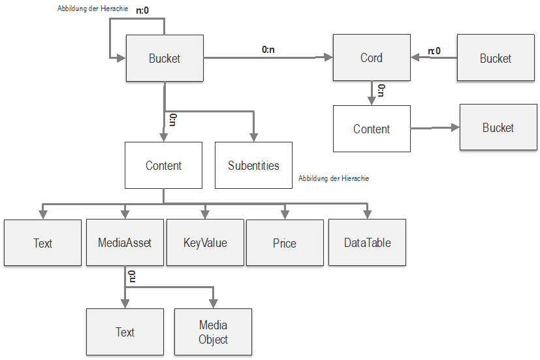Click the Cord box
[372, 57]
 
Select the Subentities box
[253, 166]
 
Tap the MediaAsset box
[125, 242]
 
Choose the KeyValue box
[205, 242]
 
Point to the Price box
[285, 243]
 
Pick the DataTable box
[367, 242]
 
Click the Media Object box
[213, 332]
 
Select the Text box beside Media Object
[125, 332]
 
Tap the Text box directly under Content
[42, 243]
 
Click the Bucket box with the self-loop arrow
[165, 58]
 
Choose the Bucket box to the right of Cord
[496, 58]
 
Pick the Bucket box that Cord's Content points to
[498, 127]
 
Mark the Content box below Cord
[372, 129]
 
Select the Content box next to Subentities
[163, 166]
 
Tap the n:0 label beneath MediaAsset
[133, 276]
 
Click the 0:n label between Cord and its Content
[381, 90]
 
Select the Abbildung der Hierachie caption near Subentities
[333, 178]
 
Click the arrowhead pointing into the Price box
[285, 215]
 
